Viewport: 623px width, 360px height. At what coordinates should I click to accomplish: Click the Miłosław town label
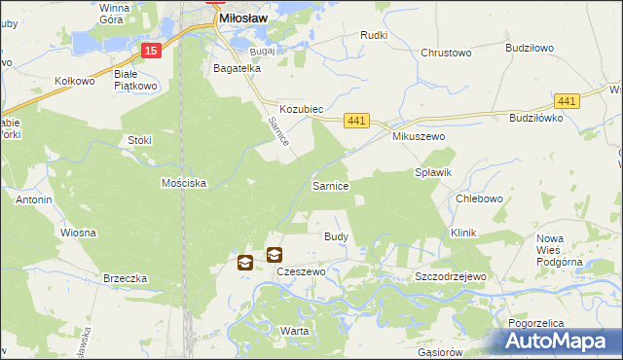click(x=243, y=18)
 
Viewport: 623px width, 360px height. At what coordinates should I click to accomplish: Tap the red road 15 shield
click(x=150, y=51)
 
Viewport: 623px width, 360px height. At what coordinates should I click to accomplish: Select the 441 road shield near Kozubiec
click(x=357, y=120)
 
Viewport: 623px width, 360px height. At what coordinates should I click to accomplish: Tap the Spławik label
click(x=434, y=171)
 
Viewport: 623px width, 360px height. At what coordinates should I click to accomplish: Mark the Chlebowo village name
click(x=479, y=198)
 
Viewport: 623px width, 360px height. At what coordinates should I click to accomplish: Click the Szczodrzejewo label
click(x=450, y=276)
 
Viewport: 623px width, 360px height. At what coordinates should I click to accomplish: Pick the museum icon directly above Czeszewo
click(x=275, y=255)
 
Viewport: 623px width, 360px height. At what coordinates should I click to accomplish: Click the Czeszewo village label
click(x=301, y=272)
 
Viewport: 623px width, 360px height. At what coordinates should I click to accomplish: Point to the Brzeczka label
click(x=125, y=277)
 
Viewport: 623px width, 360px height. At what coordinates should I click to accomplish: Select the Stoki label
click(x=140, y=140)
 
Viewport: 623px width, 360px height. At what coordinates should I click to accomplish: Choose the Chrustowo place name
click(x=446, y=54)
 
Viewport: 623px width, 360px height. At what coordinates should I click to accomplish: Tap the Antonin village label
click(x=33, y=199)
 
